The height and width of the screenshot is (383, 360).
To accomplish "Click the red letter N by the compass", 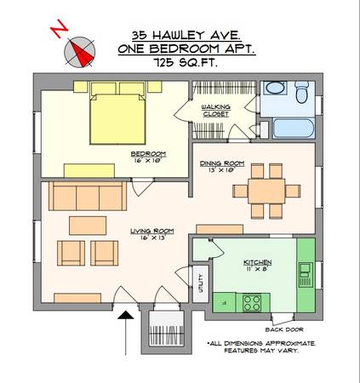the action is [x=60, y=29].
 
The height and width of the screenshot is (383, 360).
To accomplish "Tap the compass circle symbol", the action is [x=80, y=52].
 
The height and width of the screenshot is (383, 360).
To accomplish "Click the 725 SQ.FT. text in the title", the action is [x=186, y=62].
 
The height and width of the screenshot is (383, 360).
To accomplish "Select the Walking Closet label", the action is [x=216, y=111].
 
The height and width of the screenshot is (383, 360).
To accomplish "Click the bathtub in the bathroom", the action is [x=294, y=129].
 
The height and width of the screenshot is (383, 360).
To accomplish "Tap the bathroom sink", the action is [x=276, y=88].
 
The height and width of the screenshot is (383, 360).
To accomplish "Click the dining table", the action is [x=266, y=191].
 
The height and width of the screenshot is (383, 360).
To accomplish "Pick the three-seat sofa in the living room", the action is [x=88, y=196].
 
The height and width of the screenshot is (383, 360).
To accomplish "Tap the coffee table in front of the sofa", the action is [x=88, y=226].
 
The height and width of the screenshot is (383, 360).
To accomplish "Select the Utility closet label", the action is [x=201, y=283].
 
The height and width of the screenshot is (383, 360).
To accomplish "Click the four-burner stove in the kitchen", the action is [x=252, y=303].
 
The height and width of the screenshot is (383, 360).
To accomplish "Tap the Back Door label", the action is [x=284, y=329].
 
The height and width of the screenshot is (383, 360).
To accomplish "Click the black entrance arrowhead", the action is [x=126, y=315].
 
